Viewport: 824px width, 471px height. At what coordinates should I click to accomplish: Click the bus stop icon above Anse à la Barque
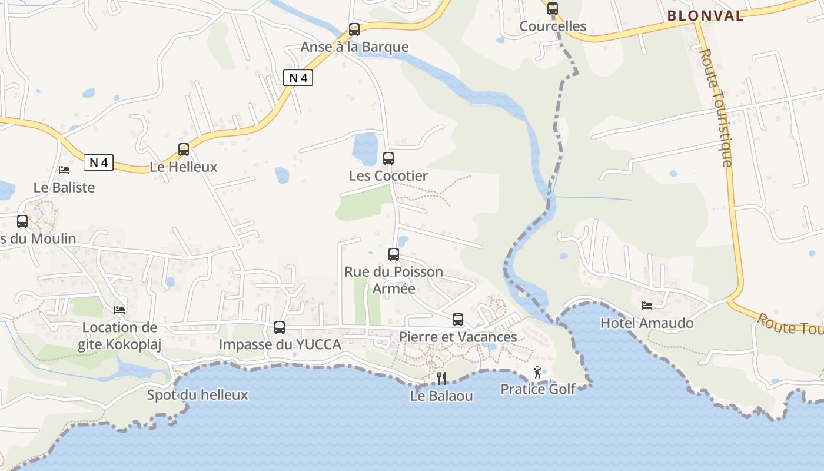tap(354, 29)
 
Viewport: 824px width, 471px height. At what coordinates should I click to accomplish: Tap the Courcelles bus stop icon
tap(552, 9)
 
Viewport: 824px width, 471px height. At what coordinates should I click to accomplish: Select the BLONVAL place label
tap(706, 16)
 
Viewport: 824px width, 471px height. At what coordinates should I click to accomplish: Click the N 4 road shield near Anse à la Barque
tap(298, 77)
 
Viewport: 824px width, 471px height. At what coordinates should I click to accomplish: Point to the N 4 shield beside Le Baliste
tap(98, 162)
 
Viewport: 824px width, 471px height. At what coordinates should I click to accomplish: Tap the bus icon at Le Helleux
tap(184, 150)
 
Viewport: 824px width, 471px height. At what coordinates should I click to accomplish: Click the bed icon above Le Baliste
tap(64, 170)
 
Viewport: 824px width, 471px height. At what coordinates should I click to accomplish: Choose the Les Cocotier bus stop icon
tap(388, 158)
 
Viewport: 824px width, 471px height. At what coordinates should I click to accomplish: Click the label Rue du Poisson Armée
tap(394, 280)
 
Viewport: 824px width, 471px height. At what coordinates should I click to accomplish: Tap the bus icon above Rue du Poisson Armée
tap(394, 254)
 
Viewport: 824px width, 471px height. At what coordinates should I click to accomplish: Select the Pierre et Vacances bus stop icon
tap(458, 320)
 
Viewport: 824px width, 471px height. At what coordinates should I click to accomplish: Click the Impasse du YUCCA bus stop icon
tap(280, 327)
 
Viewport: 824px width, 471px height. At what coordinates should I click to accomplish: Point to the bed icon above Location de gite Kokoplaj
tap(119, 310)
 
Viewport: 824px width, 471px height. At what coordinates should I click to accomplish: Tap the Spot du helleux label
tap(197, 394)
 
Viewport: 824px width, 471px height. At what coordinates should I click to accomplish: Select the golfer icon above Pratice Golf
tap(537, 372)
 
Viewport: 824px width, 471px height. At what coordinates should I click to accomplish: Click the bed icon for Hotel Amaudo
tap(647, 306)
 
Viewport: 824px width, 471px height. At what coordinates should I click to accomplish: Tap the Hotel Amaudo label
tap(647, 323)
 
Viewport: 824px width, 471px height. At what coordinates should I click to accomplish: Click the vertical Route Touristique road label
tap(716, 108)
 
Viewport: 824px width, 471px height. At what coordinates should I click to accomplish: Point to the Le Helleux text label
tap(184, 167)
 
